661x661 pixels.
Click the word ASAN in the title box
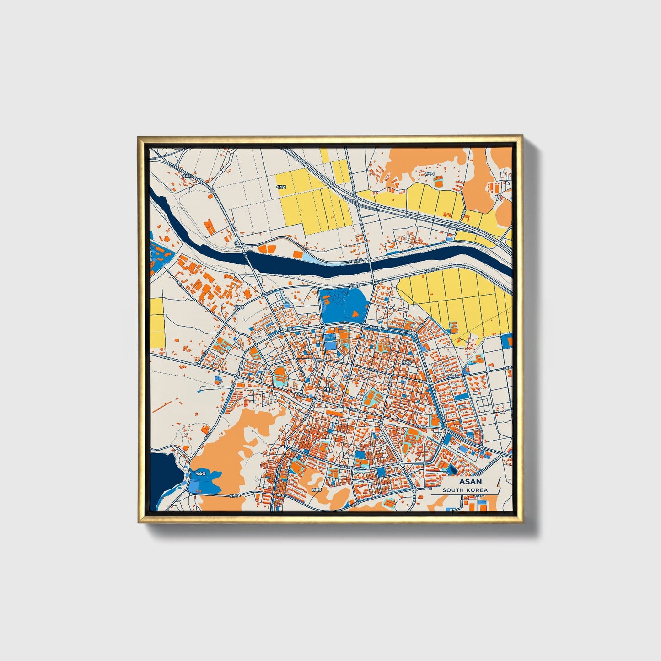(x=470, y=482)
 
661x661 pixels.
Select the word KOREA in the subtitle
(x=477, y=490)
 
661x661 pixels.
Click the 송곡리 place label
(x=429, y=173)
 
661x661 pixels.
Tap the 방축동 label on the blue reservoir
(x=201, y=473)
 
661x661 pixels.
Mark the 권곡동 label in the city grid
(x=406, y=361)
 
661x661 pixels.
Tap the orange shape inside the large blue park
(x=355, y=313)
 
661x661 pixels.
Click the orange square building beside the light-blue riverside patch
(x=297, y=253)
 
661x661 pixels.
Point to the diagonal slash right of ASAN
(x=498, y=485)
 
